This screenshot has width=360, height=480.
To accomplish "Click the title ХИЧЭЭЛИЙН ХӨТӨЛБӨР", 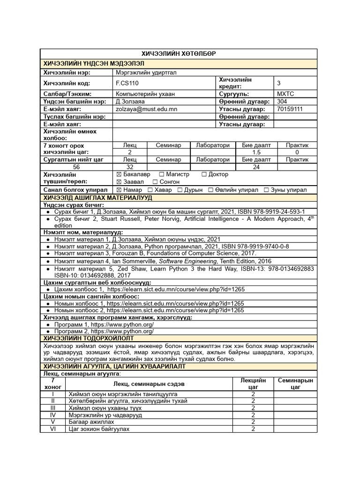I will (179, 54).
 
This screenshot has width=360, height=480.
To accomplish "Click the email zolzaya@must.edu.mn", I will (146, 109).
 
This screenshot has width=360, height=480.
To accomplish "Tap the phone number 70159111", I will (290, 109).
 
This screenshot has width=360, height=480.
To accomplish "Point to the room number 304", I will (282, 101).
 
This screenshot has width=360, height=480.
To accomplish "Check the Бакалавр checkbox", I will (119, 174).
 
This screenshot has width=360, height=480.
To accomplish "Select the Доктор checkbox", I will (204, 174).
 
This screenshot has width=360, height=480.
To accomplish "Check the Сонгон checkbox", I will (155, 182).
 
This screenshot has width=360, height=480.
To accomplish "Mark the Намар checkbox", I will (119, 190).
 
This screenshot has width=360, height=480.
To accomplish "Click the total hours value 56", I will (76, 167).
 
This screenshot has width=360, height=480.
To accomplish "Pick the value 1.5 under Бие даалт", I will (256, 152).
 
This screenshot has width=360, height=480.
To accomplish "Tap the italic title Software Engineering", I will (186, 261).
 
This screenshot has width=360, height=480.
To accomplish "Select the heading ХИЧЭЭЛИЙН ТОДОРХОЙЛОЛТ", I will (89, 338).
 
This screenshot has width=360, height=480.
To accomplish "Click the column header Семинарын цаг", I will (295, 384).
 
